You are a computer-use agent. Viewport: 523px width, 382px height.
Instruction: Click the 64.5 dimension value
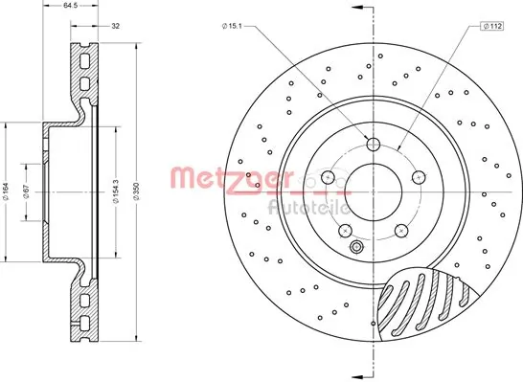(70, 6)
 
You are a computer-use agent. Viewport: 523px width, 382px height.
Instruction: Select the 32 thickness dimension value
(115, 26)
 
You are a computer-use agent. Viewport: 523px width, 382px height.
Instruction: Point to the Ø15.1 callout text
(232, 26)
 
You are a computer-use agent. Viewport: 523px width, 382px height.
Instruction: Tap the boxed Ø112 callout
(492, 26)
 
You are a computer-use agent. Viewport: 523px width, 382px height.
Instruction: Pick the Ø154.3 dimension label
(116, 191)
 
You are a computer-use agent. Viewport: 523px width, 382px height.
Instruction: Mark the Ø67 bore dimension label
(28, 191)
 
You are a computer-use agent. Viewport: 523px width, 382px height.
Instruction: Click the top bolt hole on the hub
(374, 145)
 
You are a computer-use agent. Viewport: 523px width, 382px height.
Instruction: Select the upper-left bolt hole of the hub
(329, 177)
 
